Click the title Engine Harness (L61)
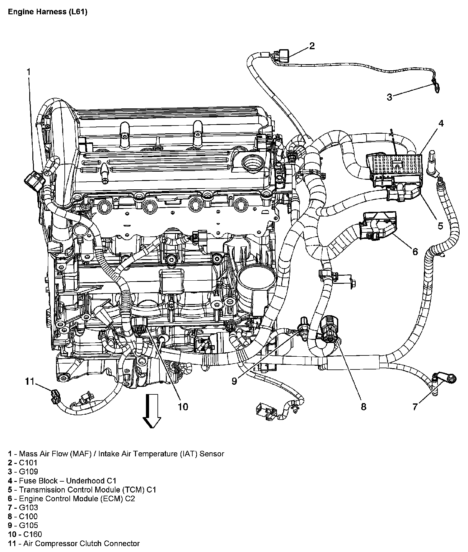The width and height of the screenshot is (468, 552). click(48, 12)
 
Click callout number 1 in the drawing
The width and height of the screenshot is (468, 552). click(29, 72)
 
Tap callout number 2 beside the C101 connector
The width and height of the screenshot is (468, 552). click(312, 46)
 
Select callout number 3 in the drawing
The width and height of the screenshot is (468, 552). click(389, 97)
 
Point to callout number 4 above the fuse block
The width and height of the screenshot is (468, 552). click(441, 124)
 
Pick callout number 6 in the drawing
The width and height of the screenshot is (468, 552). click(415, 251)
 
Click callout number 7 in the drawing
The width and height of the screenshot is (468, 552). click(415, 407)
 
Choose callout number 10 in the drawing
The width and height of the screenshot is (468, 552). click(183, 407)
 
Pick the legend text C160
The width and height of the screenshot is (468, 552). click(32, 535)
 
